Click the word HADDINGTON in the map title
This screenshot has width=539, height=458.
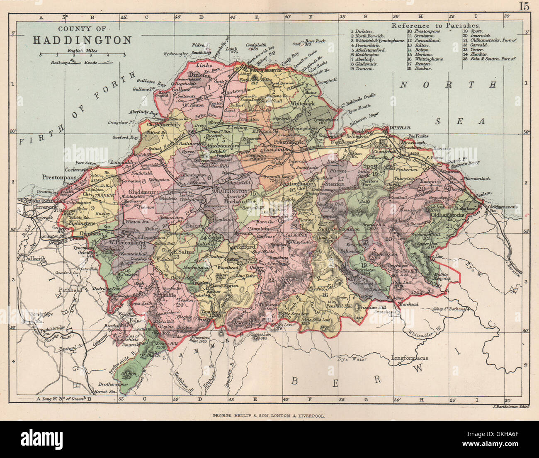[x=82, y=40]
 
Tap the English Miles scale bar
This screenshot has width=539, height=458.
[x=82, y=55]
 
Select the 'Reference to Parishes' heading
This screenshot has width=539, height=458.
[x=436, y=25]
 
